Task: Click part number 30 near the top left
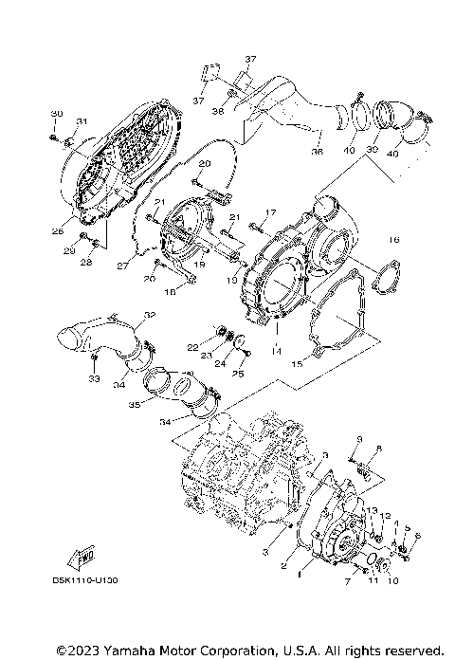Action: tap(56, 114)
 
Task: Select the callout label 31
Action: tap(82, 120)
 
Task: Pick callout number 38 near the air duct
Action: tap(218, 111)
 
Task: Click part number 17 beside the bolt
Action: tap(269, 212)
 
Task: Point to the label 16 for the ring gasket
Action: tap(394, 240)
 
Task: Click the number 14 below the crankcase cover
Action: tap(278, 352)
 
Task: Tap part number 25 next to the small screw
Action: tap(238, 374)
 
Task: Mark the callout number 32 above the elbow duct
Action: tap(150, 315)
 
